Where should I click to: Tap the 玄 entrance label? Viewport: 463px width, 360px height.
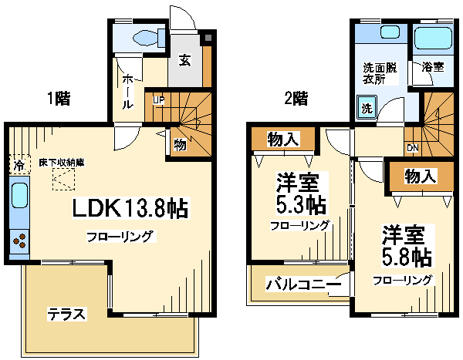coord(184,60)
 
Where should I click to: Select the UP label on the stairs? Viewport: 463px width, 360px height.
coord(158,100)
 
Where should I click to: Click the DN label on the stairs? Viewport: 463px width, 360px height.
coord(413,148)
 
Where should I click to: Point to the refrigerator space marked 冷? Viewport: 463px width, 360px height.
coord(19,165)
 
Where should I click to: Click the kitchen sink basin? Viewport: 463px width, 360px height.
coord(20,195)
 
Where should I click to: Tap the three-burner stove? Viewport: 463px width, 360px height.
coord(19,241)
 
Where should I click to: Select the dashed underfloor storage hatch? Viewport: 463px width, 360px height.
coord(63,179)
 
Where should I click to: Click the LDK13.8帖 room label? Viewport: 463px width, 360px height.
coord(130,208)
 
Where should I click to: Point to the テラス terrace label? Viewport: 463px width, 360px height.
coord(66,314)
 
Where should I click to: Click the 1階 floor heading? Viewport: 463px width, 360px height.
coord(59,99)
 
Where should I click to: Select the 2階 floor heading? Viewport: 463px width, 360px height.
coord(296,99)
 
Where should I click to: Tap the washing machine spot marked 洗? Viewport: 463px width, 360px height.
coord(367,107)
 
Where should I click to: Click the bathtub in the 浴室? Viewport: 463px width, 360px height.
coord(433,37)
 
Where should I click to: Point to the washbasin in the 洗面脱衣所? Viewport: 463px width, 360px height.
coord(390,32)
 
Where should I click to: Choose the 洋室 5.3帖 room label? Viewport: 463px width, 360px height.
coord(301,193)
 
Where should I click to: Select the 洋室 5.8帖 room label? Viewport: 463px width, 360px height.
coord(407,246)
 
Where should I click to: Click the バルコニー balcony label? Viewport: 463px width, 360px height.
coord(303,284)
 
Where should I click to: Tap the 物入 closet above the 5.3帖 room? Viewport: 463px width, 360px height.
coord(283,139)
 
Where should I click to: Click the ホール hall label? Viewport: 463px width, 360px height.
coord(128,92)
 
